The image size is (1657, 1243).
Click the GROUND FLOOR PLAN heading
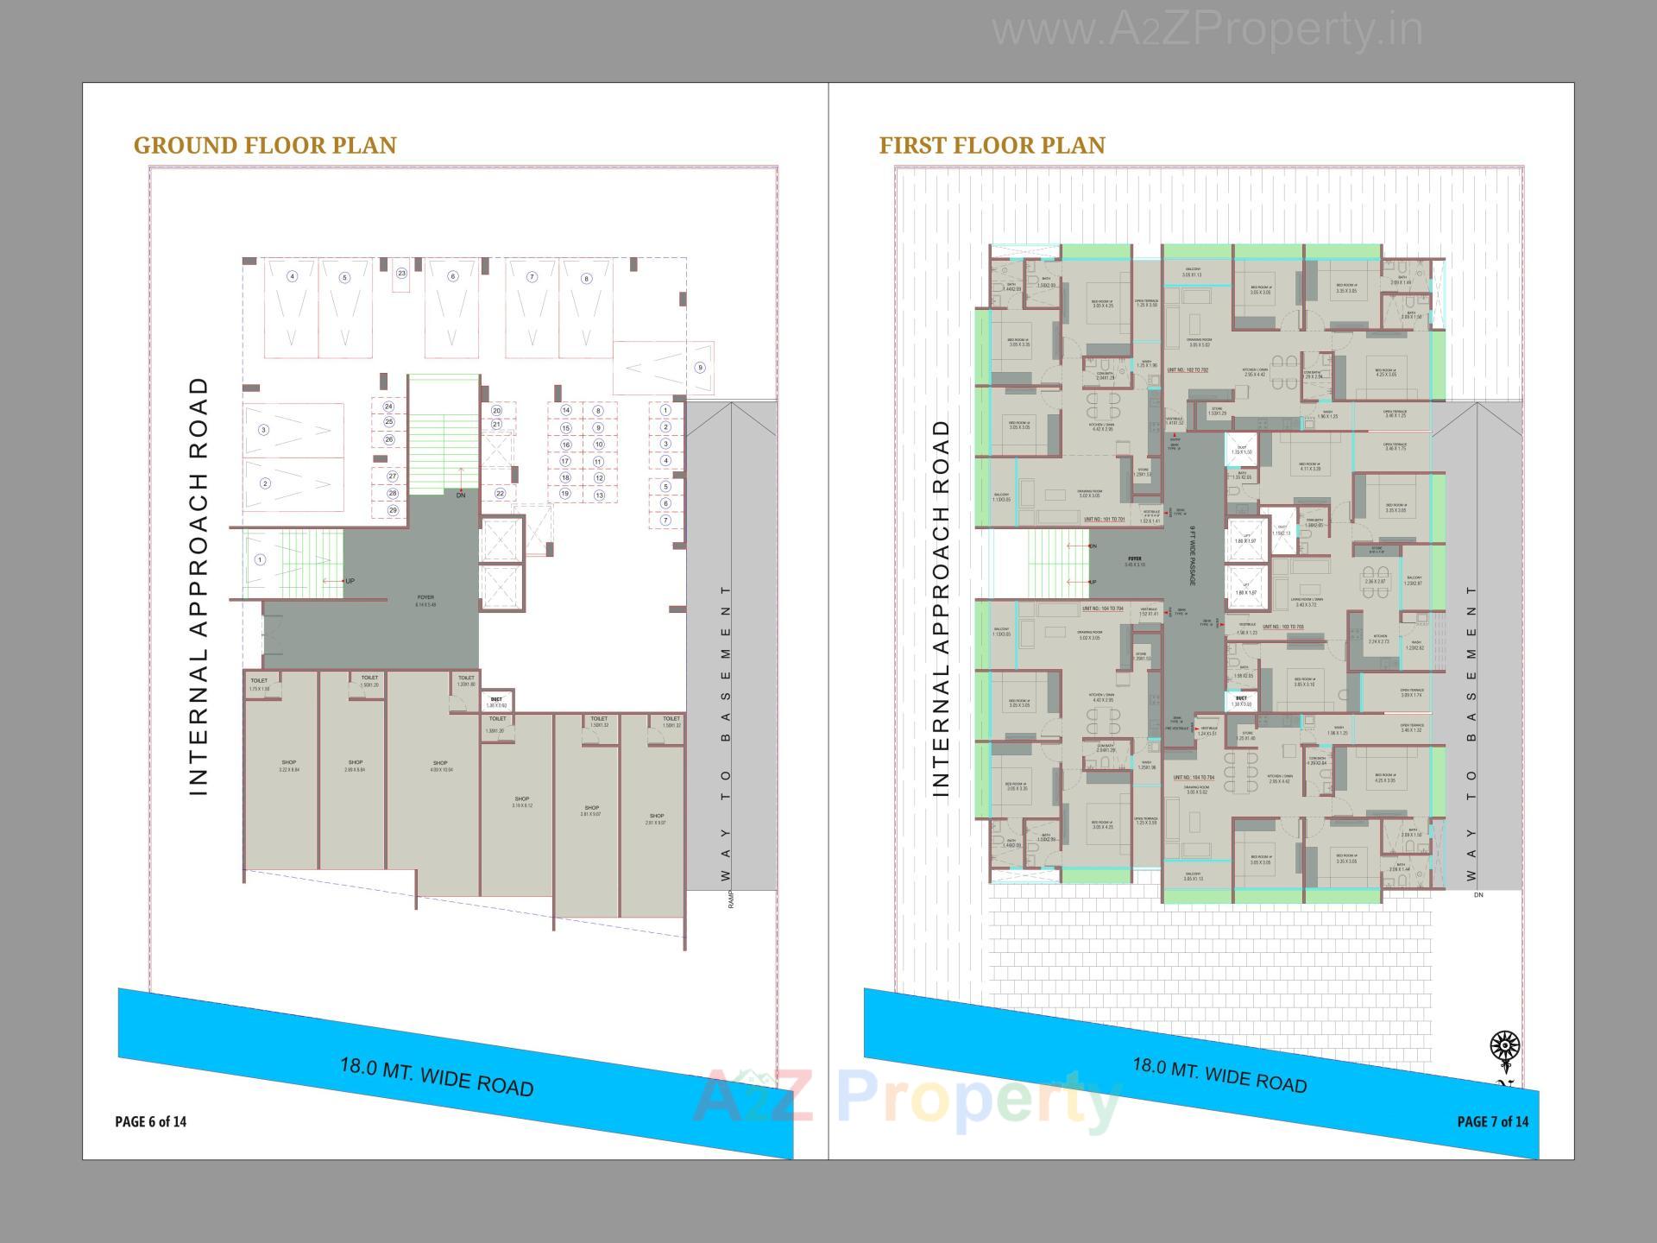point(265,145)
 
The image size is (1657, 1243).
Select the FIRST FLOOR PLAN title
point(992,145)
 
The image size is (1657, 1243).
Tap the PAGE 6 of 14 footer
point(150,1121)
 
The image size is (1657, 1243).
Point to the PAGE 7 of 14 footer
point(1492,1121)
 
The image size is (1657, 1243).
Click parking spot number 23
point(401,274)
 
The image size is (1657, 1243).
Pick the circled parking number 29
point(393,510)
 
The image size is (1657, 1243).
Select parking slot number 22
point(500,494)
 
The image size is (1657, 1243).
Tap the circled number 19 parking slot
point(565,494)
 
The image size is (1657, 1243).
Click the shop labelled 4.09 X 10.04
point(440,766)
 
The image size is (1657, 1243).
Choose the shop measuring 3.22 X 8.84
point(288,766)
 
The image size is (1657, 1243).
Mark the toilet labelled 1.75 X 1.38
point(259,685)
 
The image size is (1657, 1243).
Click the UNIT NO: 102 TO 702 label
point(1188,369)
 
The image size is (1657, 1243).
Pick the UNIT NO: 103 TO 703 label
point(1282,627)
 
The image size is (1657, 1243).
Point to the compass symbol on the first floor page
point(1505,1047)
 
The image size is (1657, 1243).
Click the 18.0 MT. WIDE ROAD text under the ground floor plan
point(437,1077)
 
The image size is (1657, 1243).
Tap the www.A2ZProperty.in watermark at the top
point(1207,31)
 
